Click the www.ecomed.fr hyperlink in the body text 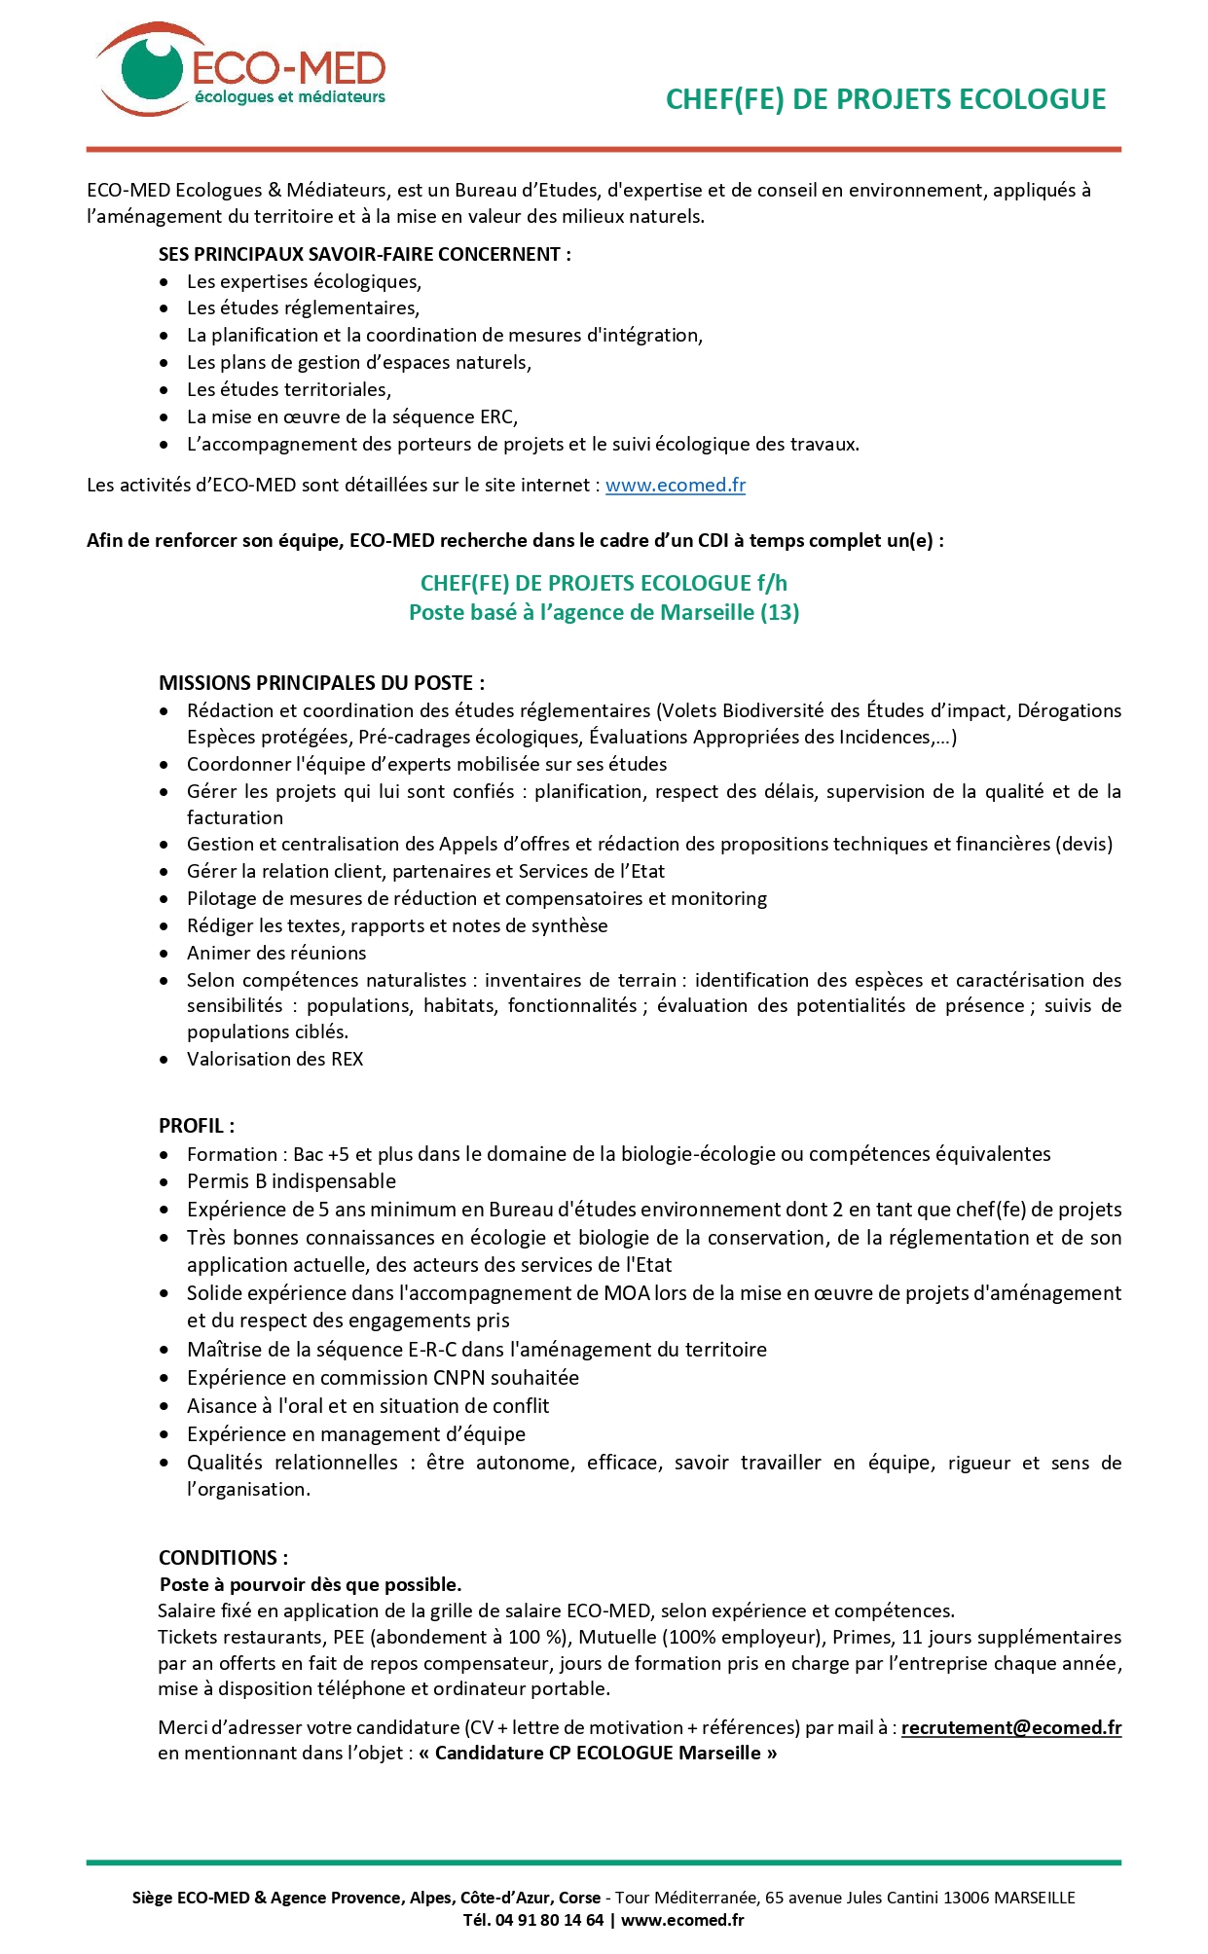point(675,485)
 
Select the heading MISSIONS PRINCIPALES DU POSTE point(321,683)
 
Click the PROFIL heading point(196,1126)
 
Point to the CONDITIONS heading point(223,1557)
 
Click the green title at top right point(885,99)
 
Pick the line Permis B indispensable point(291,1181)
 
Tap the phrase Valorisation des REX point(275,1059)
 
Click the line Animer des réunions point(276,953)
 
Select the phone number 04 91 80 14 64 point(549,1920)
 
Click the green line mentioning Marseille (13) point(604,612)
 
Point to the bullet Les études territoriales point(288,389)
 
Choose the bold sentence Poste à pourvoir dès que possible point(311,1584)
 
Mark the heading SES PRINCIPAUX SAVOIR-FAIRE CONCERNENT point(364,254)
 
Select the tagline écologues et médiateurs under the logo point(290,97)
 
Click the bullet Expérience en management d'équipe point(355,1433)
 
